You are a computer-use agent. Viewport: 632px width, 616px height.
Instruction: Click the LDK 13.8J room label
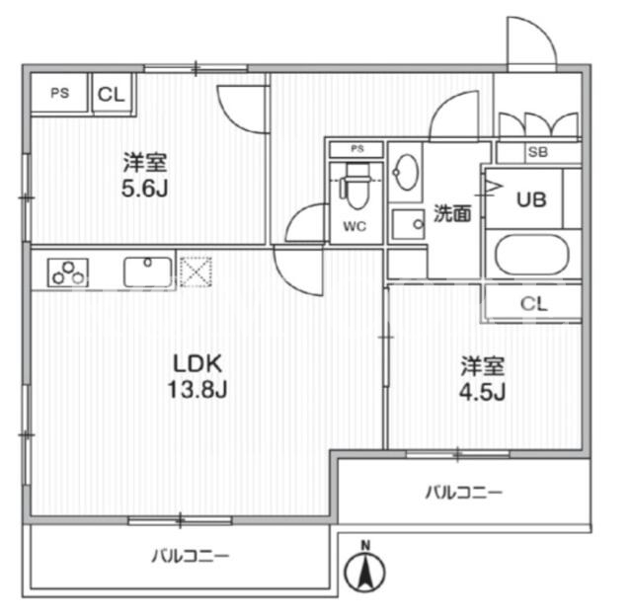coord(197,376)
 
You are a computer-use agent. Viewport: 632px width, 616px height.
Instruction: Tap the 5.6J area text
coord(145,189)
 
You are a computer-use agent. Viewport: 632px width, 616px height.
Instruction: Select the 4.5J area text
coord(483,392)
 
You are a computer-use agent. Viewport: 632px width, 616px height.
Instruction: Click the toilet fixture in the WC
coord(355,187)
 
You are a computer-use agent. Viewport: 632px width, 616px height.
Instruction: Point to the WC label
coord(355,226)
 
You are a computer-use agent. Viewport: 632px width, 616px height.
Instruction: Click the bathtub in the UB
coord(531,255)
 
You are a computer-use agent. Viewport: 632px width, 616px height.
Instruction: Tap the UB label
coord(531,199)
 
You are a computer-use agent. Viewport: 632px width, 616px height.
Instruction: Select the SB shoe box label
coord(538,152)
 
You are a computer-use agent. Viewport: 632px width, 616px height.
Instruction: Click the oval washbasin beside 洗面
coord(405,172)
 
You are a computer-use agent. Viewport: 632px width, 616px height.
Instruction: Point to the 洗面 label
coord(452,213)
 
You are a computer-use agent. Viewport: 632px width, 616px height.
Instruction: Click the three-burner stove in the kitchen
coord(68,272)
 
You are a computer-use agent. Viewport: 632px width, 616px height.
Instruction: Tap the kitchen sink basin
coord(147,271)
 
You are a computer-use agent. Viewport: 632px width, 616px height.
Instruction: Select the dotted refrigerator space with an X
coord(196,271)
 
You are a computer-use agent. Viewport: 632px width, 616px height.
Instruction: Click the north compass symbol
coord(364,569)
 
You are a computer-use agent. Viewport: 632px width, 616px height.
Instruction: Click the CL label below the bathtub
coord(533,304)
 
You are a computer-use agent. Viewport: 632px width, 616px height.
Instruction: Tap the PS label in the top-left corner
coord(59,94)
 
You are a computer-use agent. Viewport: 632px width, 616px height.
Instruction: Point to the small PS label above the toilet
coord(357,149)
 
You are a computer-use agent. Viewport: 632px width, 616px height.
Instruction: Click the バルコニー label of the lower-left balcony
coord(191,557)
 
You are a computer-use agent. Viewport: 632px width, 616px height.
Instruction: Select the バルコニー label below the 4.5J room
coord(464,492)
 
